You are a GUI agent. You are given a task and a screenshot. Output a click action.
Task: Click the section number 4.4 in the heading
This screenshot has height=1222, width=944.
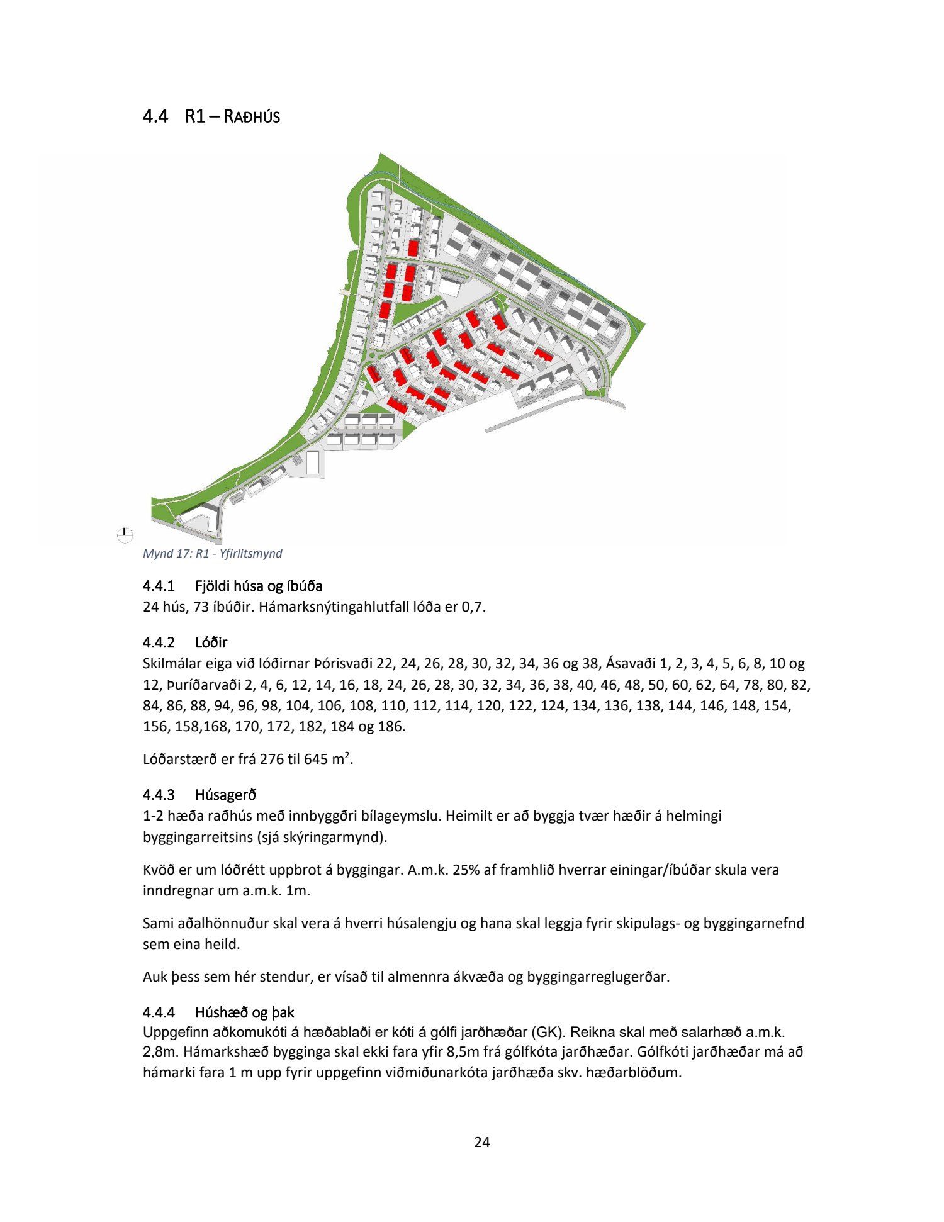155,116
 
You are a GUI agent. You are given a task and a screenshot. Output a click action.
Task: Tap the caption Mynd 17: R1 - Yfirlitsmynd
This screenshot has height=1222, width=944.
213,554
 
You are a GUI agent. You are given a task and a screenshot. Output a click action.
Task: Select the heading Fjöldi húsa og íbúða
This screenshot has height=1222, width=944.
259,586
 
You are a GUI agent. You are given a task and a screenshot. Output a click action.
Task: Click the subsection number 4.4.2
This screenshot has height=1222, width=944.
159,642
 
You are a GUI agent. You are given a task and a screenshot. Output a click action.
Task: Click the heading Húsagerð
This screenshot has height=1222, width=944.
225,795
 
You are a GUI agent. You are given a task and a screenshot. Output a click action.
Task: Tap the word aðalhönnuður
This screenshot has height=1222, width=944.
213,924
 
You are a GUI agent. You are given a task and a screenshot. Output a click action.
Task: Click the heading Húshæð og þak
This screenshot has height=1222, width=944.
244,1012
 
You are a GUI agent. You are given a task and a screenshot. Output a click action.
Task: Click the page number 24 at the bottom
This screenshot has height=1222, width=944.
482,1142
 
